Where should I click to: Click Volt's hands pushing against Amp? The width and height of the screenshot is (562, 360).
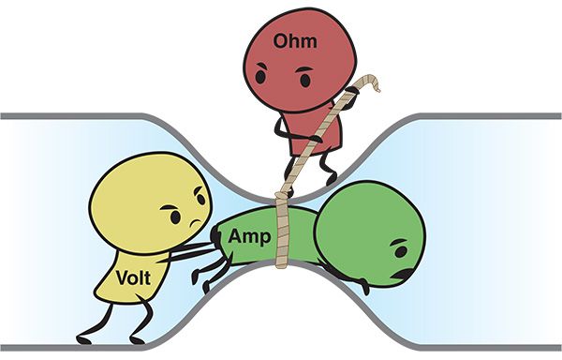[x=214, y=246]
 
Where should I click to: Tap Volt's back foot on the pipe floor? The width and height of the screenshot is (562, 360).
[x=89, y=335]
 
